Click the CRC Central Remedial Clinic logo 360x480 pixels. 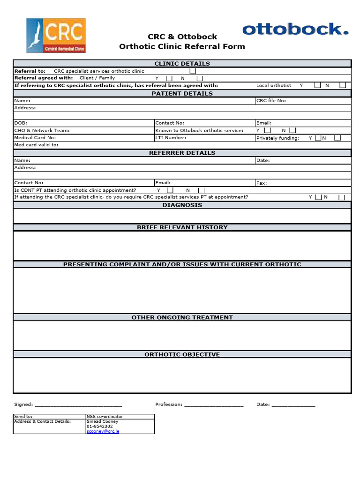point(56,36)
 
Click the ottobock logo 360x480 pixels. point(295,30)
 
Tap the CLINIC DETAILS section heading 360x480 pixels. point(182,64)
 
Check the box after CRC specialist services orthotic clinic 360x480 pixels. point(193,71)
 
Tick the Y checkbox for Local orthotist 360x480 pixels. point(317,85)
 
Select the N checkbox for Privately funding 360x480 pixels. point(337,138)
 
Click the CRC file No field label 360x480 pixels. point(271,100)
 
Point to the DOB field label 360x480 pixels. point(21,123)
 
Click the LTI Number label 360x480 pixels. point(171,138)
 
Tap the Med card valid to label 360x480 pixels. point(36,145)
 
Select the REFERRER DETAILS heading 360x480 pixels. point(182,153)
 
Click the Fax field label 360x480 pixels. point(262,183)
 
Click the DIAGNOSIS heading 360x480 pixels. point(182,205)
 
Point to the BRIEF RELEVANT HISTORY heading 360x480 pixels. point(182,227)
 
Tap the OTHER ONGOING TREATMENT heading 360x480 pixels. point(182,317)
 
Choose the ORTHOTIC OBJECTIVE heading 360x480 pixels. point(182,354)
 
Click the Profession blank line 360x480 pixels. point(214,405)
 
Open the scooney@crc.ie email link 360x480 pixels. point(103,431)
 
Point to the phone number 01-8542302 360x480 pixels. point(99,426)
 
